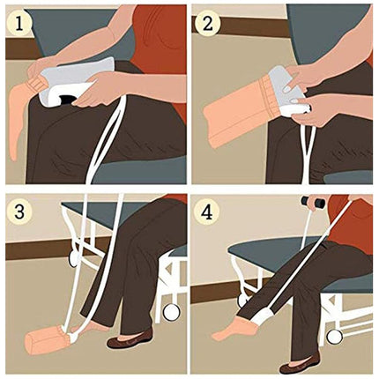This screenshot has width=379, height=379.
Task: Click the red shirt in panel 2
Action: (353, 44)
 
